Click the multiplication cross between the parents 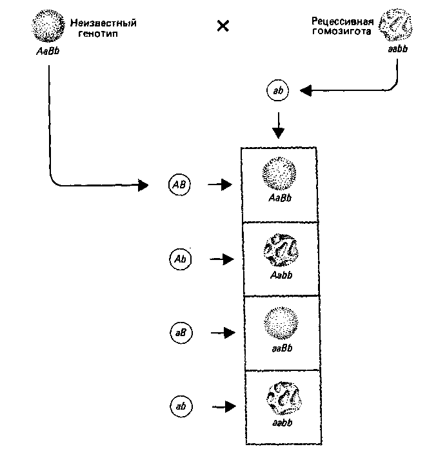(x=223, y=27)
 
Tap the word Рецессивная (x=346, y=21)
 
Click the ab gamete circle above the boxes (x=278, y=92)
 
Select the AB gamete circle (x=179, y=185)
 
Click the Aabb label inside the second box (x=280, y=274)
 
